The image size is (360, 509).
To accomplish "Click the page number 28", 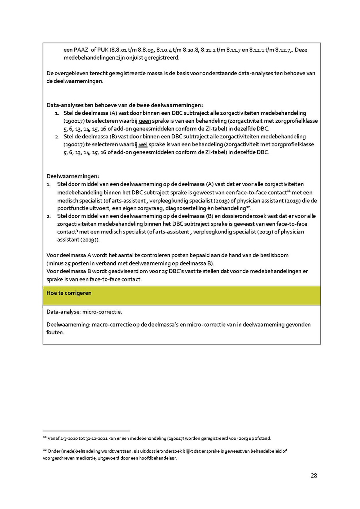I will click(x=314, y=476).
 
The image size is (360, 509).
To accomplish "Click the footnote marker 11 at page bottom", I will click(x=44, y=438).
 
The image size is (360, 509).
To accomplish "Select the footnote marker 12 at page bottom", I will click(x=44, y=450).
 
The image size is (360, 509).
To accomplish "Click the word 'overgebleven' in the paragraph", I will click(x=71, y=74).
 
